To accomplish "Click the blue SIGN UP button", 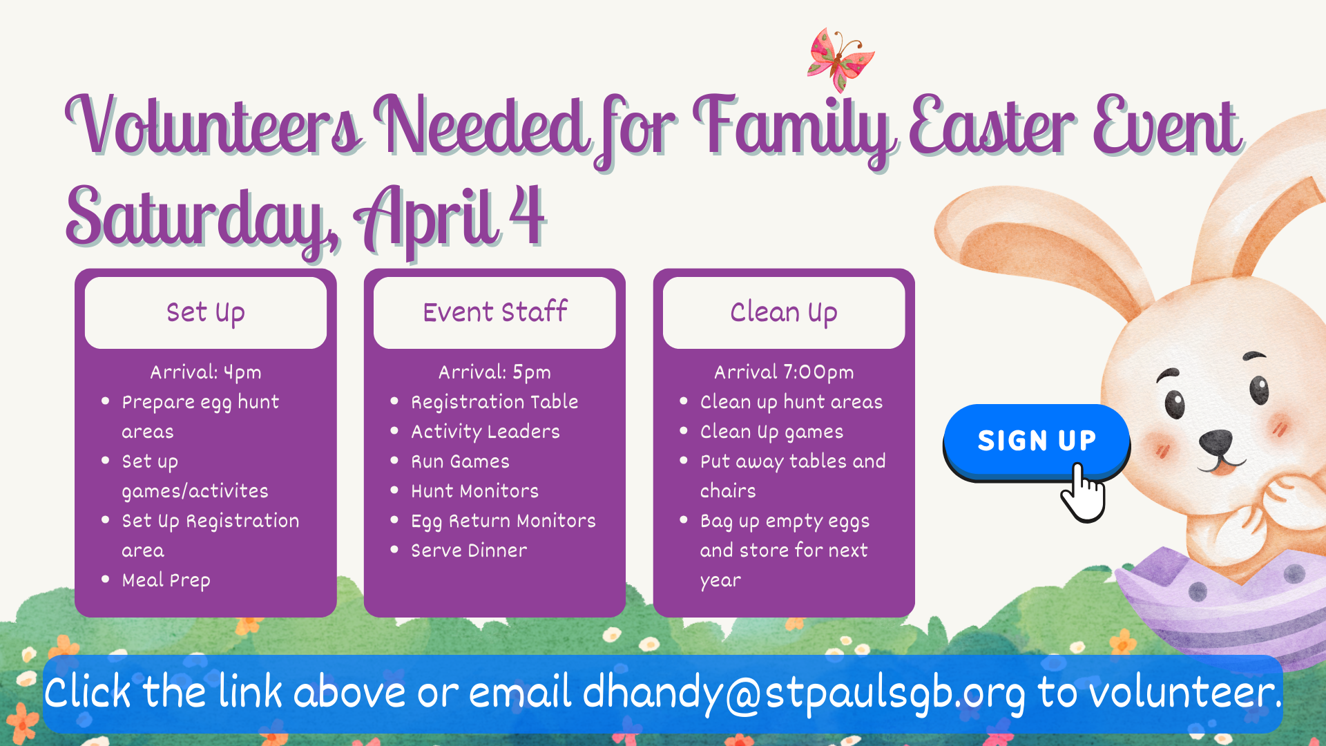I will [x=1036, y=441].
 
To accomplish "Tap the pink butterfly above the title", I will [x=840, y=59].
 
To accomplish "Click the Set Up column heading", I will [x=205, y=313].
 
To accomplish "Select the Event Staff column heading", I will [x=494, y=313].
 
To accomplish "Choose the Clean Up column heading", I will [x=784, y=313].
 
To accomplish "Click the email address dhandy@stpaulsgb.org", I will [x=804, y=693].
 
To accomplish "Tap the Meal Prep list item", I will [x=166, y=580].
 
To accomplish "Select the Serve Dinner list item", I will [x=469, y=551].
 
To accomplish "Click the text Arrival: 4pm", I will [x=206, y=372].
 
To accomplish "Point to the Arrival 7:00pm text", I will [x=784, y=372].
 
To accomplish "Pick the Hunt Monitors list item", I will [x=474, y=491].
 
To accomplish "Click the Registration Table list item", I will [x=494, y=402].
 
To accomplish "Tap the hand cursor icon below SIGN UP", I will [x=1083, y=494].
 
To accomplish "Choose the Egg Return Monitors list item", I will [x=503, y=521].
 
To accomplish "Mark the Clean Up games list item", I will [x=771, y=432].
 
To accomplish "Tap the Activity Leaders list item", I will [x=485, y=432].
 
